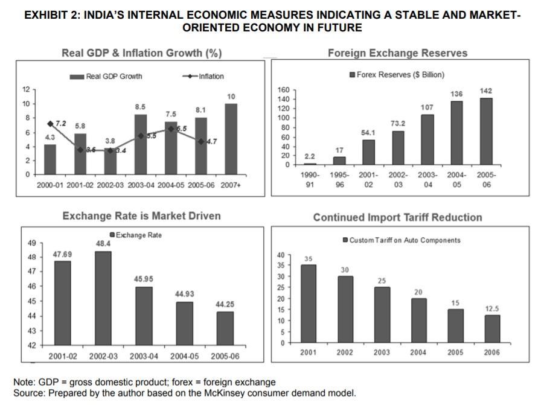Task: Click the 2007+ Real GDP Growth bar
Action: pos(231,139)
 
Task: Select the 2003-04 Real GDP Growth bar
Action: pos(140,144)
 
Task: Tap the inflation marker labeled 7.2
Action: pos(50,124)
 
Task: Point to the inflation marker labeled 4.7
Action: pos(200,141)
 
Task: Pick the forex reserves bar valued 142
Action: pos(485,131)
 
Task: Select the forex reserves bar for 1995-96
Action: pos(340,161)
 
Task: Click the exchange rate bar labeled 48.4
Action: pos(103,298)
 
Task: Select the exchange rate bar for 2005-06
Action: pos(225,328)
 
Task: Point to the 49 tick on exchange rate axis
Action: pos(31,243)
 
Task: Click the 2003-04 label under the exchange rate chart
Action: pos(144,356)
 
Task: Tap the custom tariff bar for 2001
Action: pos(308,304)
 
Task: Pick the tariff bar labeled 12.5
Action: pos(492,328)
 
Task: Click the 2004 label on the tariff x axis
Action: pos(418,352)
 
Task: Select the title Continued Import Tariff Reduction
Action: pos(397,217)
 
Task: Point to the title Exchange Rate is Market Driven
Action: pos(141,215)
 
